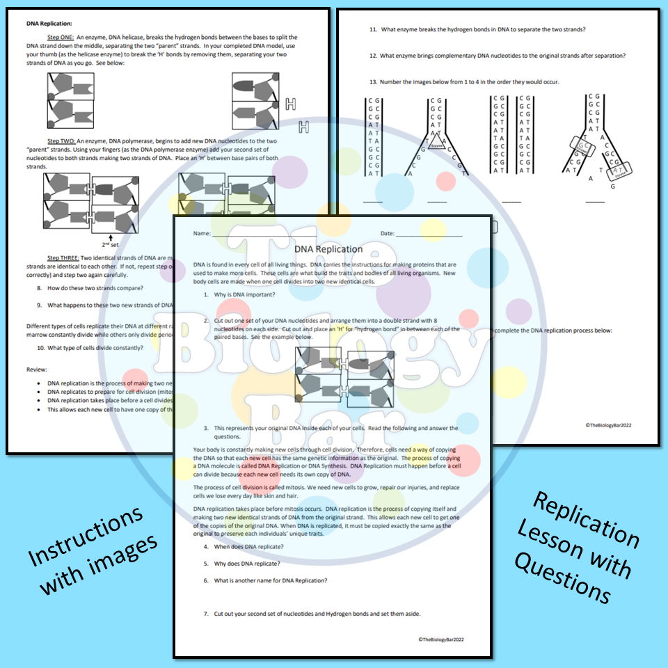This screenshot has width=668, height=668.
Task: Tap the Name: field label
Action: pyautogui.click(x=202, y=233)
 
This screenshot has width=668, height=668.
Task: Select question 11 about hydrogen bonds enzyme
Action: pyautogui.click(x=477, y=29)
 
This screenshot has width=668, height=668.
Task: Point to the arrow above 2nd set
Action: pyautogui.click(x=111, y=236)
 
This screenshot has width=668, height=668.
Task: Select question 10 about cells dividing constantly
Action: pyautogui.click(x=90, y=348)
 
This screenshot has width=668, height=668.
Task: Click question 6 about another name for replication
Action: pyautogui.click(x=265, y=580)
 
